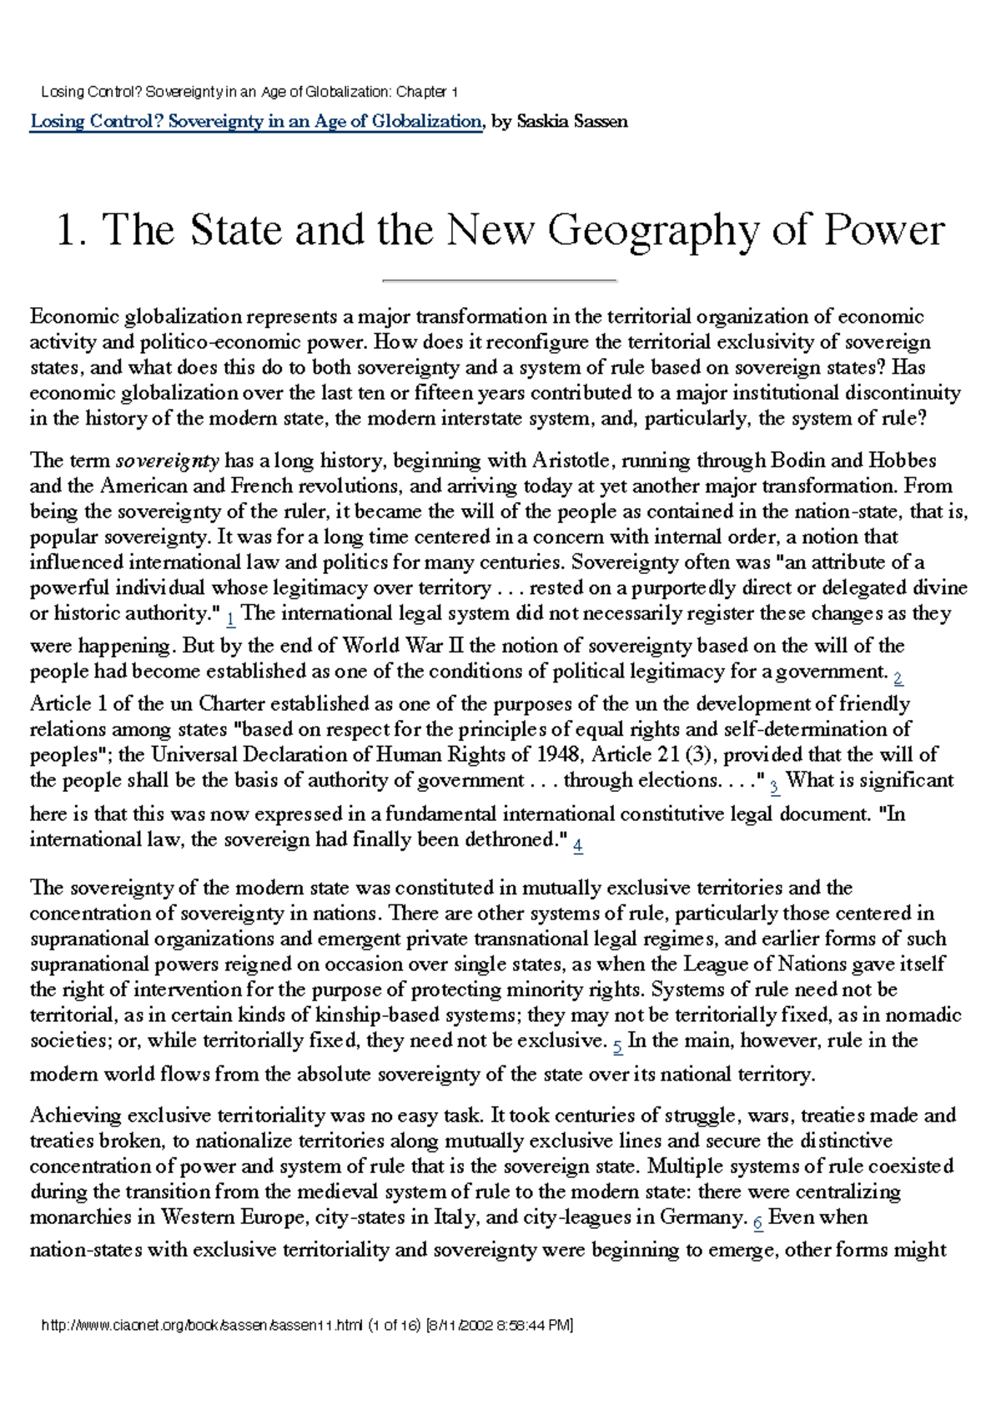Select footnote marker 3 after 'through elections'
774,786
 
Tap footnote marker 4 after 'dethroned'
578,845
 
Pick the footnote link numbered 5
617,1045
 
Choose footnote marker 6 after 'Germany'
757,1222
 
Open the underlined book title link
255,122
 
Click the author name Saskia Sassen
572,122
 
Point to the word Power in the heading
884,230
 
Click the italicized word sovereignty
167,461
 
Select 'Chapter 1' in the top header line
426,92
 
